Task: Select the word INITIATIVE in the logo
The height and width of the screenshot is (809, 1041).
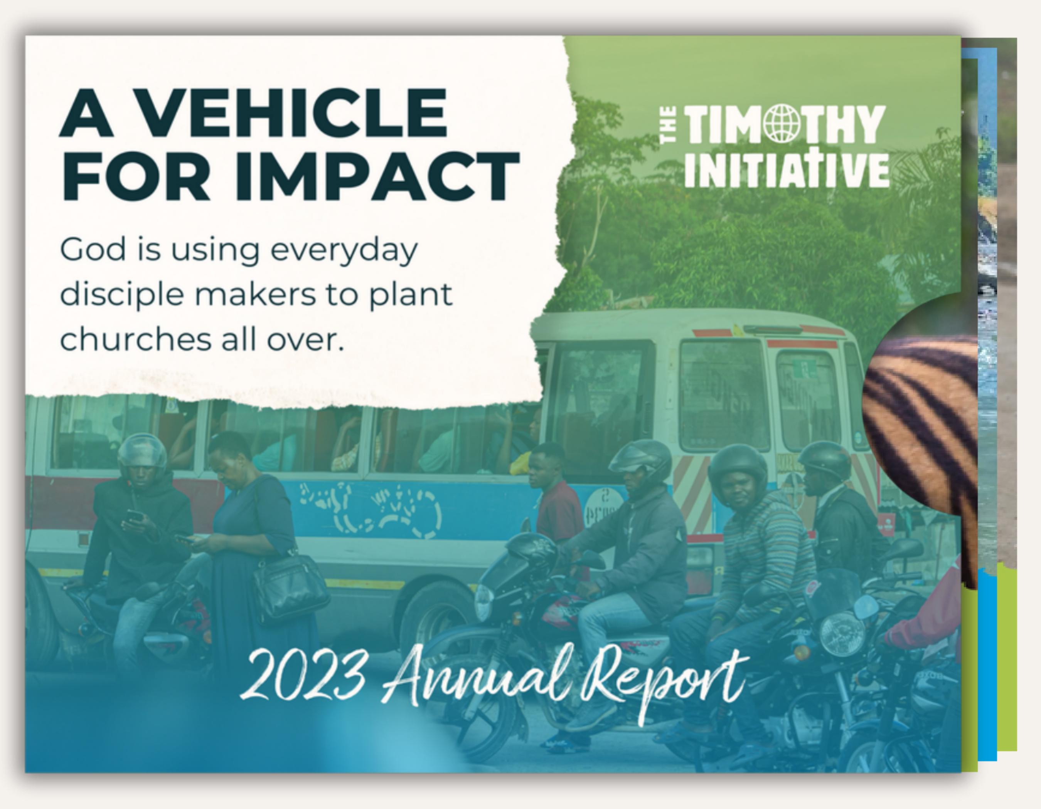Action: (x=787, y=170)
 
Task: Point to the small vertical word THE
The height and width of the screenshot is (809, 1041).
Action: (x=668, y=125)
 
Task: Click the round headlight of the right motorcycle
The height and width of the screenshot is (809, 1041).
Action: (x=841, y=633)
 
